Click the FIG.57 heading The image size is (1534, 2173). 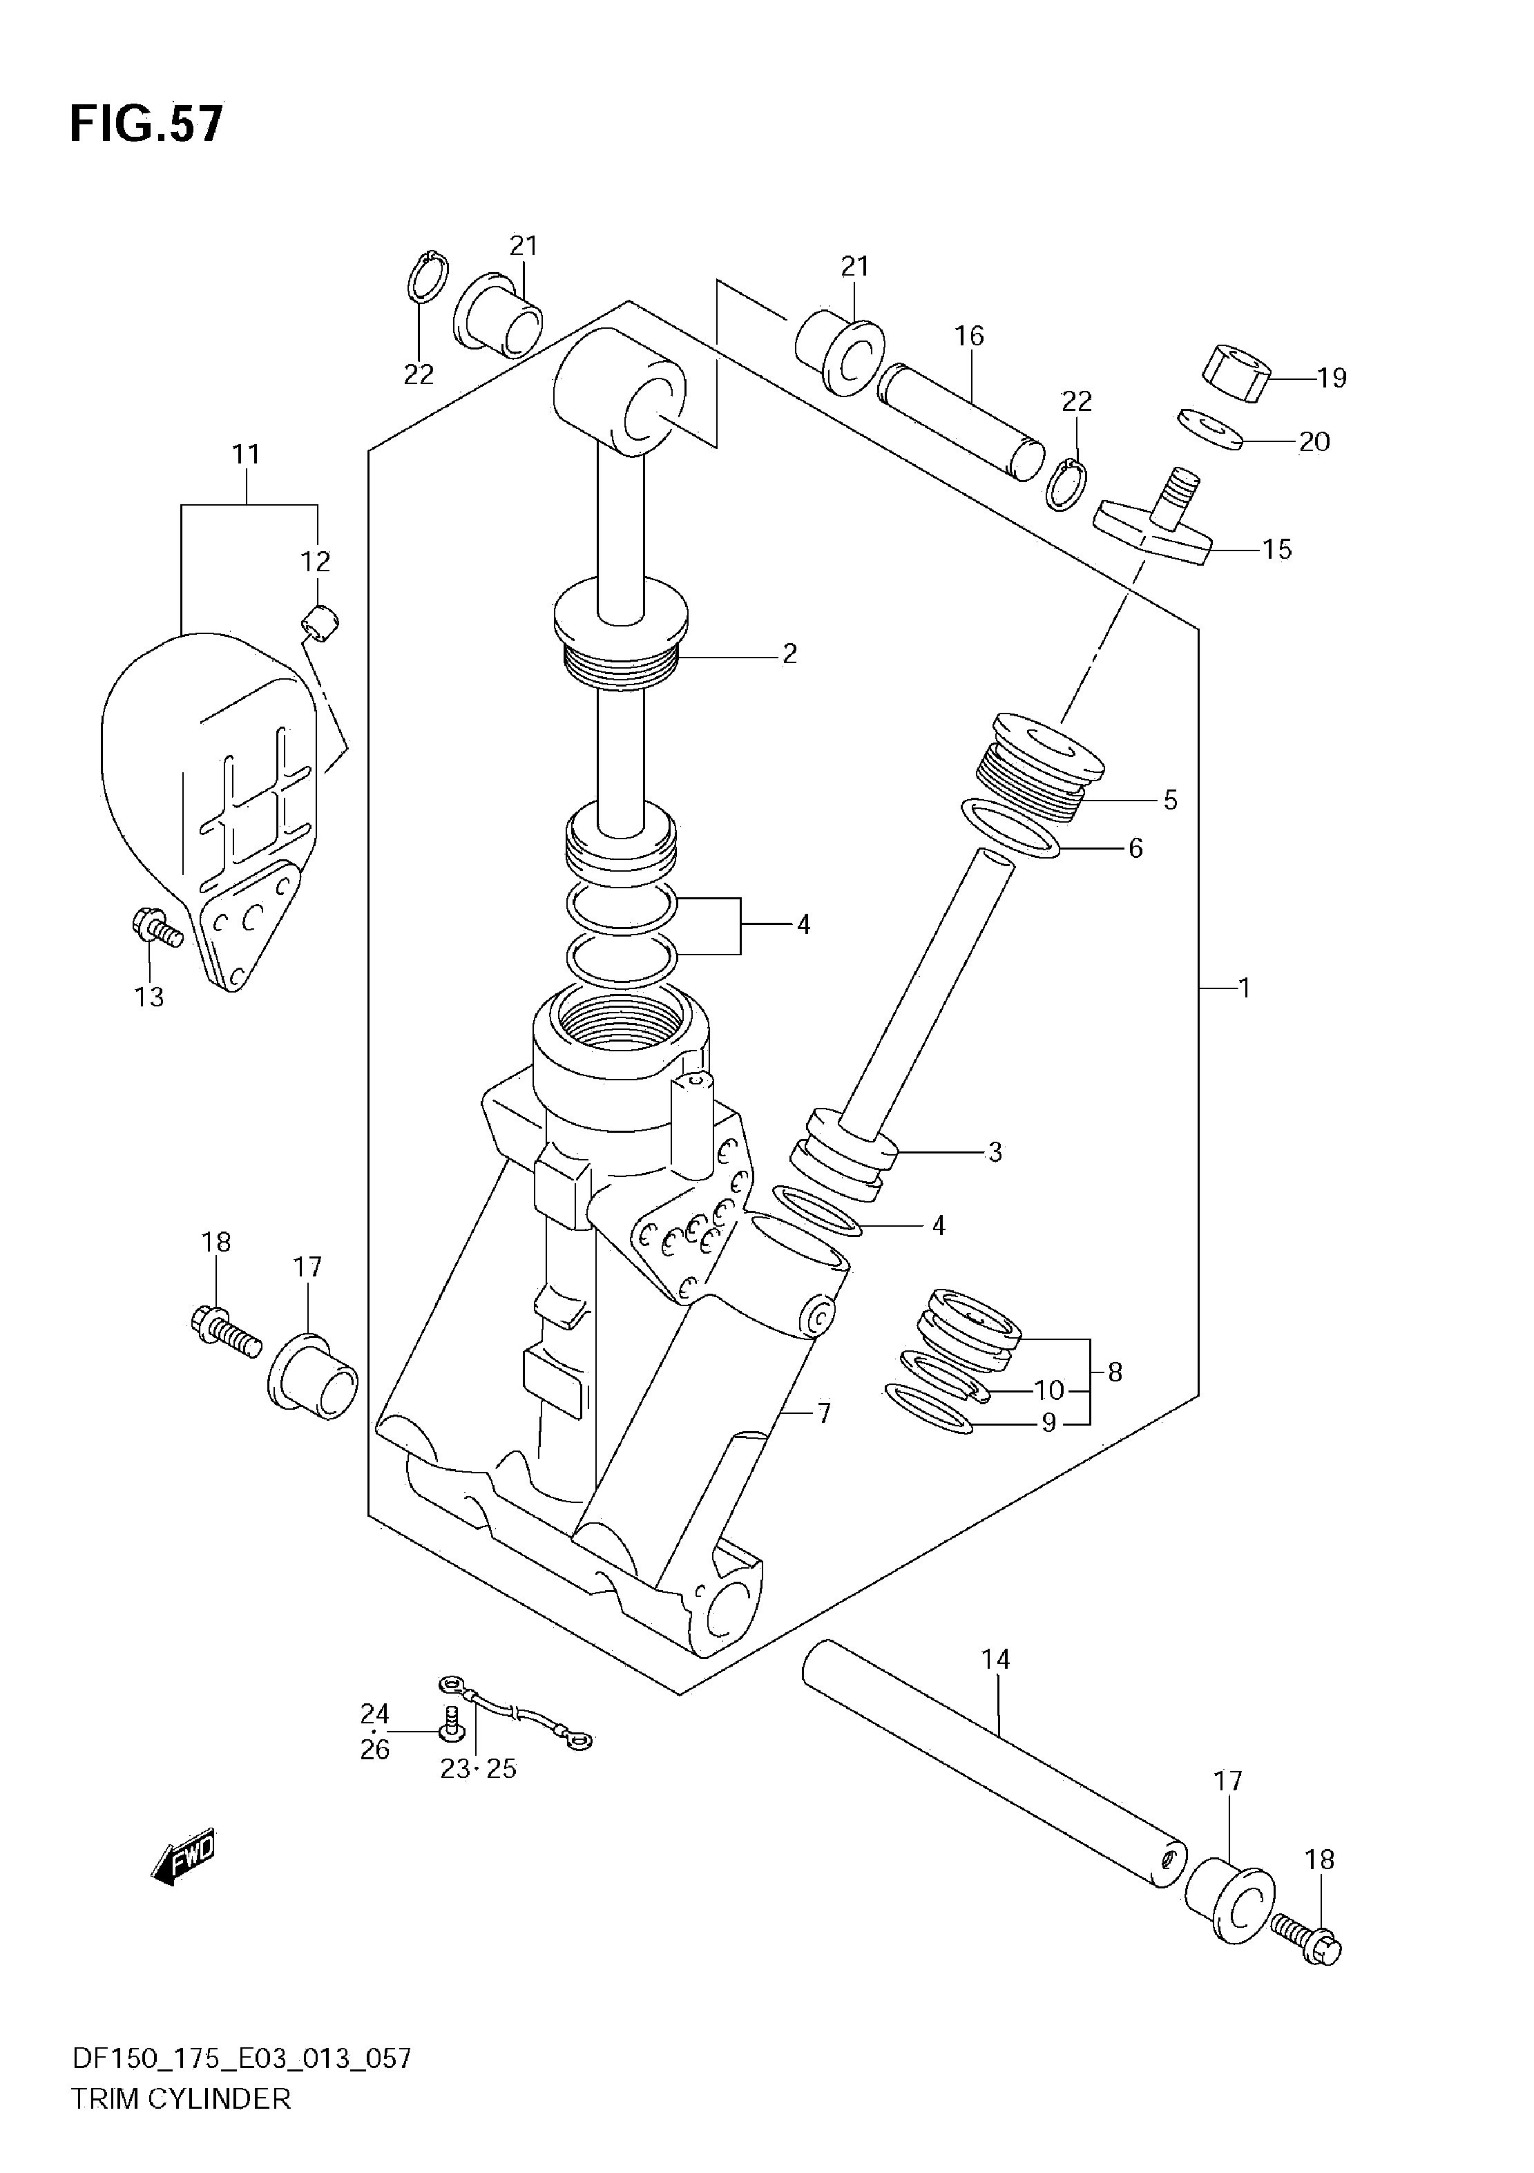(x=146, y=124)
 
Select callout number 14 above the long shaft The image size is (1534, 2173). (x=995, y=1685)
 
